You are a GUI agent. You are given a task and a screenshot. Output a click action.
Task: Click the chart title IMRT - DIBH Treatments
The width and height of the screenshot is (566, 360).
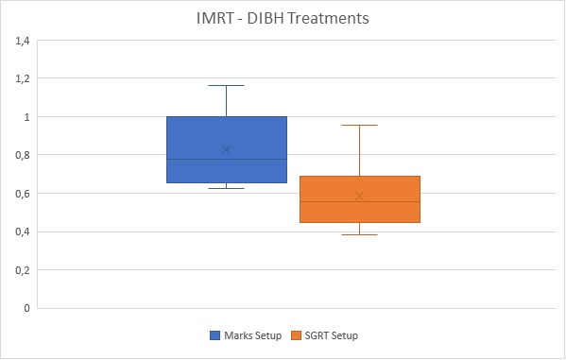point(283,18)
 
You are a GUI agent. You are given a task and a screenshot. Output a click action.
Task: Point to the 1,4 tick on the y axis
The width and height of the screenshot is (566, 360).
point(23,41)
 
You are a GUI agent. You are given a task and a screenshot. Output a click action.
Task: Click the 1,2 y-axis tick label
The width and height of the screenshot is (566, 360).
point(23,78)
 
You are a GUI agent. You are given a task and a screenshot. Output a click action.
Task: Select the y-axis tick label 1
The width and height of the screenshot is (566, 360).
point(26,117)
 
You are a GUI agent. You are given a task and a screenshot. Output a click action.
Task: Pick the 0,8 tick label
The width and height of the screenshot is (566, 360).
point(23,155)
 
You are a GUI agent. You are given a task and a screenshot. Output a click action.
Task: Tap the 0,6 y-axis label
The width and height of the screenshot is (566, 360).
point(23,194)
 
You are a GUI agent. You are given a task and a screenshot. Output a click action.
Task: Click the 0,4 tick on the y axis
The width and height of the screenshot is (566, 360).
point(23,231)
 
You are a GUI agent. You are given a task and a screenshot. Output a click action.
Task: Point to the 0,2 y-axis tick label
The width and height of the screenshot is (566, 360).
point(23,270)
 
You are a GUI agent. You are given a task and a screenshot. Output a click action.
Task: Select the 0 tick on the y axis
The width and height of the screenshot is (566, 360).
point(26,308)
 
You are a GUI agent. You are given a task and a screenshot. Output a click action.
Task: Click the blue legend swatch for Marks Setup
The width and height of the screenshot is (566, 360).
point(214,335)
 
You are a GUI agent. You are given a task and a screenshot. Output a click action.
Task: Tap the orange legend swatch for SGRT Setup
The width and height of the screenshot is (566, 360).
point(296,335)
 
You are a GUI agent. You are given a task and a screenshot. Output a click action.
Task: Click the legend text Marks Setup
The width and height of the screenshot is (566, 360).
point(252,335)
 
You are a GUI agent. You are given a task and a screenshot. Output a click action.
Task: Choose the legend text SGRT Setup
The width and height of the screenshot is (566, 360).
point(332,335)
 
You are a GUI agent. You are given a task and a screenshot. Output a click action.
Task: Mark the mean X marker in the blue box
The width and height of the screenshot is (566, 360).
point(227,150)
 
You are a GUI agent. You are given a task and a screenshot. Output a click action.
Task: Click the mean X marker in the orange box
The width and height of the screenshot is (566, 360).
point(359,197)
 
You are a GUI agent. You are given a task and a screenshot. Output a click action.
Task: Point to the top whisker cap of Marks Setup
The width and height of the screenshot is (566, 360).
point(227,86)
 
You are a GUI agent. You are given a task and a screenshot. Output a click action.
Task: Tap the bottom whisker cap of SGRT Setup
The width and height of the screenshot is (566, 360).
point(359,234)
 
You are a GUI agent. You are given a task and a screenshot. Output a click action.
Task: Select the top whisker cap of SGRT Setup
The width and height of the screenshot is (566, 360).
point(359,126)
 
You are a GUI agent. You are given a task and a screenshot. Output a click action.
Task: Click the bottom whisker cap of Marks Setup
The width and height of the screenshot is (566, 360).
point(227,188)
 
